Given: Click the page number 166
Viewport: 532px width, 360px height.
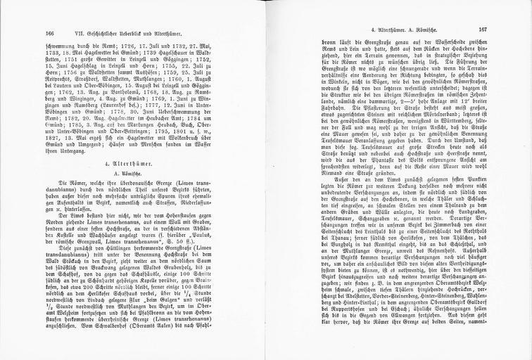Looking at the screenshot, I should click(x=49, y=30).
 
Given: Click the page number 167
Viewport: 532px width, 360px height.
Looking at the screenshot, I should click(x=482, y=30).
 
